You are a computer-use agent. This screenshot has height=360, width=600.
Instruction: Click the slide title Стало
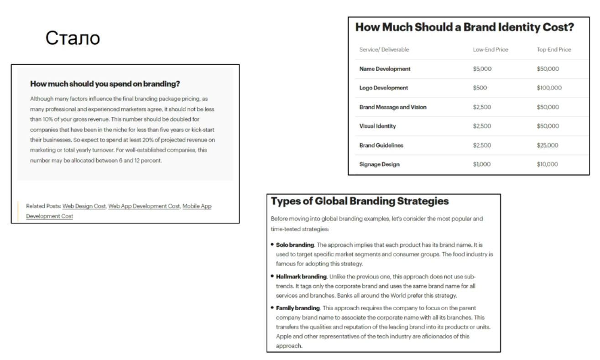(x=73, y=38)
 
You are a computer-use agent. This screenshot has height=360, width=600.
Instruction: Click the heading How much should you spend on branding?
(x=105, y=84)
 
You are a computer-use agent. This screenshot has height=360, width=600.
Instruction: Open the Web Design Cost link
(x=84, y=206)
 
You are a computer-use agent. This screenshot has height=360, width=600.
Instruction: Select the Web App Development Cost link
(x=144, y=206)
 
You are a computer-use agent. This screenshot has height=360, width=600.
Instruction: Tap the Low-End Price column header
(x=490, y=49)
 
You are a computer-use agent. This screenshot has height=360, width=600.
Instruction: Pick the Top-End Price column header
(x=554, y=49)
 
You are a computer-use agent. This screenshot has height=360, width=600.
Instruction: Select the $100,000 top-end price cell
(x=549, y=88)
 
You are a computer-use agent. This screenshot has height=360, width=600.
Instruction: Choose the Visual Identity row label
(x=378, y=126)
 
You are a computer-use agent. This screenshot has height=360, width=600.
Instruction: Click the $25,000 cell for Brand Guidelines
(x=548, y=145)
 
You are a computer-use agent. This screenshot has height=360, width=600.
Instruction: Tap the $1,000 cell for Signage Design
(x=482, y=164)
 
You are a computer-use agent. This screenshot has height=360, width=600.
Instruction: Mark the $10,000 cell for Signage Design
(x=548, y=164)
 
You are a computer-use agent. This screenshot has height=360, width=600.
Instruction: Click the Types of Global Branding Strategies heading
(x=360, y=201)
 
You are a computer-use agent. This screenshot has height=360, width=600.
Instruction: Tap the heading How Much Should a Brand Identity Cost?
(x=464, y=27)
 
